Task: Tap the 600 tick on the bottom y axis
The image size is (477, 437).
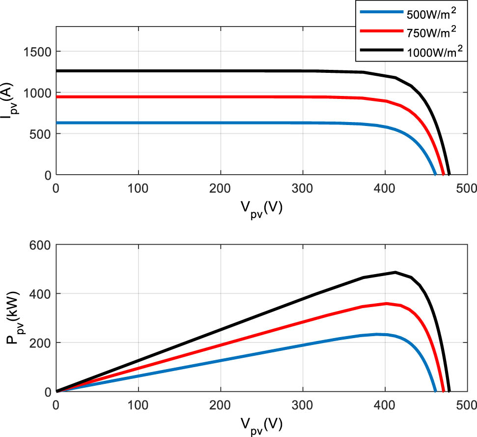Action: pos(41,245)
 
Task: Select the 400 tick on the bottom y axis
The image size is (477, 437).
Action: pos(41,294)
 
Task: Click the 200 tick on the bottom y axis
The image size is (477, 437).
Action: pos(41,343)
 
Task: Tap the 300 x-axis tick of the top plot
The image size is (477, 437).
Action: pos(303,188)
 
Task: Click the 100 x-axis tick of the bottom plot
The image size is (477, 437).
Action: pos(139,406)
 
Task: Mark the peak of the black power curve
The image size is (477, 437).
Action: pos(395,272)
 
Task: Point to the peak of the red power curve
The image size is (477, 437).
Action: pos(387,303)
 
